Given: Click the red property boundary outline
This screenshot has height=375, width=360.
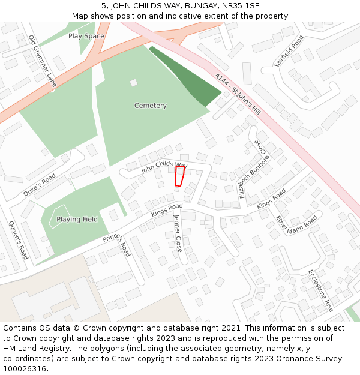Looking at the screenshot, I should pos(179,176).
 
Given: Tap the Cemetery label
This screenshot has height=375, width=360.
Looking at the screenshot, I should pos(151,106).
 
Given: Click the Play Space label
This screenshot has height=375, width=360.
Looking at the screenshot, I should pos(86,36).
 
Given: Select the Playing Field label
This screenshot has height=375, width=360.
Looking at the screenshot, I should pos(77,220).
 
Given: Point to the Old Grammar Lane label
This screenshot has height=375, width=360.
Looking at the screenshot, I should pos(42,61).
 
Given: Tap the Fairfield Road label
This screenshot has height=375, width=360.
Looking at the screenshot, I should pos(289,51).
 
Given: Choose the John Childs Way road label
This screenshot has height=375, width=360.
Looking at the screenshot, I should pos(164,166).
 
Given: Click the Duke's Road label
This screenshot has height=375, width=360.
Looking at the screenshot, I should pos(40,185).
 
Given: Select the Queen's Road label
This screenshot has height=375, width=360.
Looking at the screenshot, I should pos(18,240).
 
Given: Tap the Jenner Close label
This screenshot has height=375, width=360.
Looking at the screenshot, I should pos(178,233).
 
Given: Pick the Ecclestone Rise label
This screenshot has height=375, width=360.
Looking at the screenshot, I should pos(320,290).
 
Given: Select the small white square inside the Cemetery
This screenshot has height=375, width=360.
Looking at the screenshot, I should pos(133,82).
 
